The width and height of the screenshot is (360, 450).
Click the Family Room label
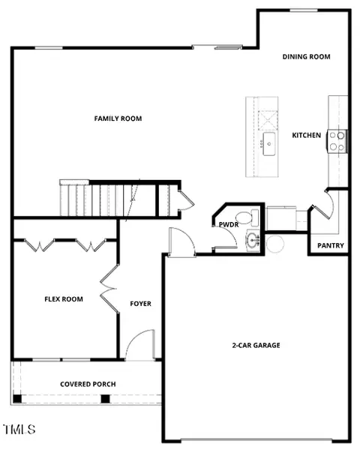118,118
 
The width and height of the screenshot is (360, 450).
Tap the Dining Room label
306,57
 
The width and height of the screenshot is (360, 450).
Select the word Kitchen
306,135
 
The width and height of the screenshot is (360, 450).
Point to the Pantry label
331,246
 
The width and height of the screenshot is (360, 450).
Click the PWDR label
229,225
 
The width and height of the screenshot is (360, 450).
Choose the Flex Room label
64,299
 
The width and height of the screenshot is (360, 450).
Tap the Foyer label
141,304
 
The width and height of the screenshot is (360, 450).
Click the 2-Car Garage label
256,345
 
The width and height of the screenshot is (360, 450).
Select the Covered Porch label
88,384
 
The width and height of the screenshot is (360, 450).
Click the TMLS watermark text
19,430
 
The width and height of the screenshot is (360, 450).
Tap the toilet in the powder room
247,217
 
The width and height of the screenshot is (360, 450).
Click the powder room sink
253,240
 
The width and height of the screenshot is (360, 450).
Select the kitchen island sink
269,144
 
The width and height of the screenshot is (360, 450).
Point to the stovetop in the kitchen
337,141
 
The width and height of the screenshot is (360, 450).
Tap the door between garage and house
181,241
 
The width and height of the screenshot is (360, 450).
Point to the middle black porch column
105,399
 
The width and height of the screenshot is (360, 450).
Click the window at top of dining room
304,10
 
